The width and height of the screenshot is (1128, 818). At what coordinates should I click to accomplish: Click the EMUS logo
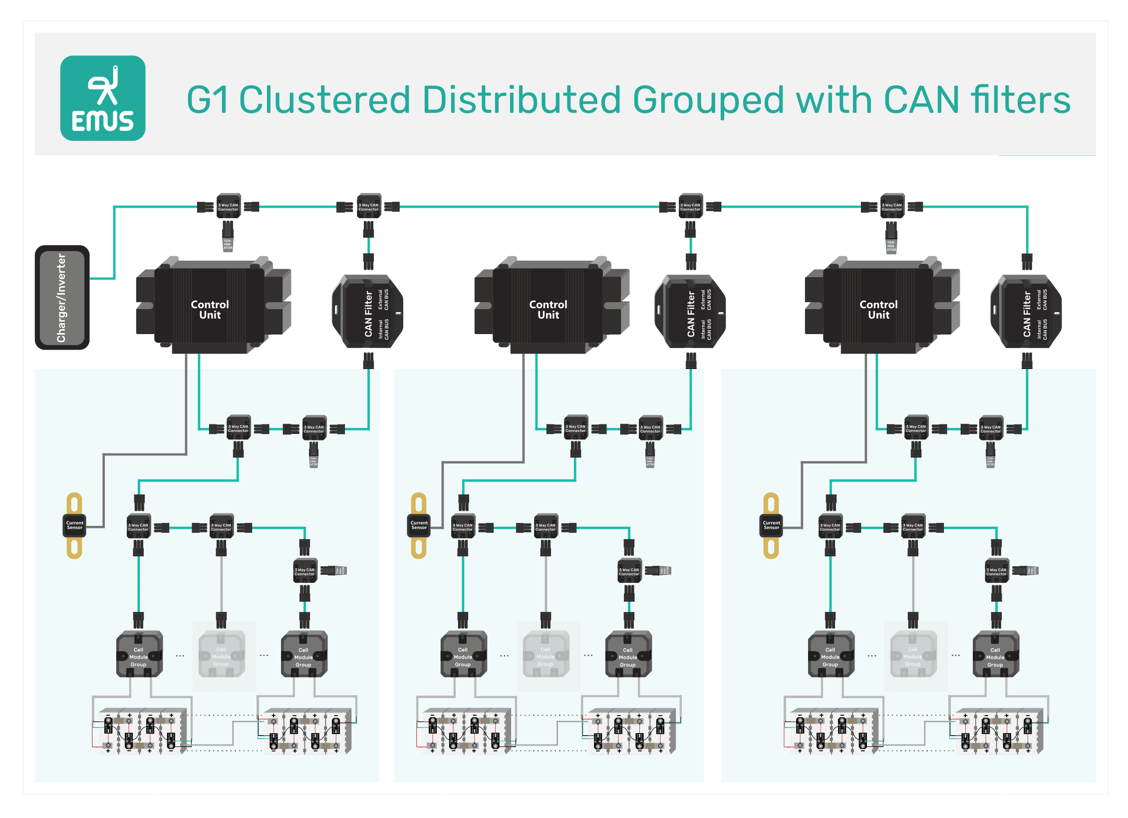click(x=103, y=98)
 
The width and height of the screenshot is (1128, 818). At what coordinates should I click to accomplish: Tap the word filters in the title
click(x=1021, y=100)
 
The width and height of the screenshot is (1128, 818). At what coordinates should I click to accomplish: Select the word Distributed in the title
click(x=522, y=100)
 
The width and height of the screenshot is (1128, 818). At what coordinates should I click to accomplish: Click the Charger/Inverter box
click(x=62, y=298)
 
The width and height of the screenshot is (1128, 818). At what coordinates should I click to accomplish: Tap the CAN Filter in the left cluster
click(x=368, y=312)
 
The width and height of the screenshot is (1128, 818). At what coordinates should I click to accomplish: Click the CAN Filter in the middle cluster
click(x=690, y=312)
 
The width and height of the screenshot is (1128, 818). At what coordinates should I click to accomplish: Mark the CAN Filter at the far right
click(x=1026, y=312)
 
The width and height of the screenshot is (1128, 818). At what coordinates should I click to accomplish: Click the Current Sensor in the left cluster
click(x=74, y=525)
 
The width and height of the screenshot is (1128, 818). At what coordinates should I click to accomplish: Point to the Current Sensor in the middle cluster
click(x=419, y=525)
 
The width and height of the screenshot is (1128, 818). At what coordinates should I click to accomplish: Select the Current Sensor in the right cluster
click(x=771, y=525)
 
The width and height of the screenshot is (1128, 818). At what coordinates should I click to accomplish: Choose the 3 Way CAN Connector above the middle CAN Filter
click(x=690, y=206)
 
